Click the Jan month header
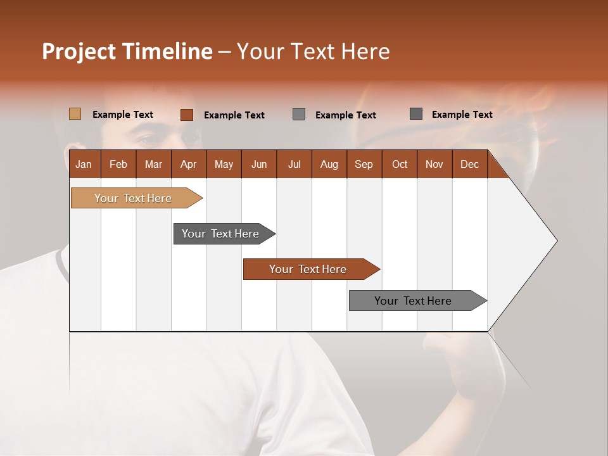[x=84, y=164]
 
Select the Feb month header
[x=118, y=164]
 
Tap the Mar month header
[x=153, y=164]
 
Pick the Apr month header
[x=189, y=164]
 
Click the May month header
[x=224, y=164]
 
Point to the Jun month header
[x=259, y=164]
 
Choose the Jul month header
[x=294, y=164]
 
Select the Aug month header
[x=329, y=164]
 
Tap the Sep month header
[x=364, y=164]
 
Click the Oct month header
[x=400, y=164]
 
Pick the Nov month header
[x=434, y=164]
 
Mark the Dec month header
[x=470, y=164]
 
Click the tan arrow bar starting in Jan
[x=134, y=198]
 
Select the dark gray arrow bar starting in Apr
[x=221, y=234]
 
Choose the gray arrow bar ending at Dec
[x=414, y=301]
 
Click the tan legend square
[x=75, y=114]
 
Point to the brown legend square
[x=187, y=115]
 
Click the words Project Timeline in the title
[x=127, y=51]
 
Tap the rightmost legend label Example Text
[x=462, y=114]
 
